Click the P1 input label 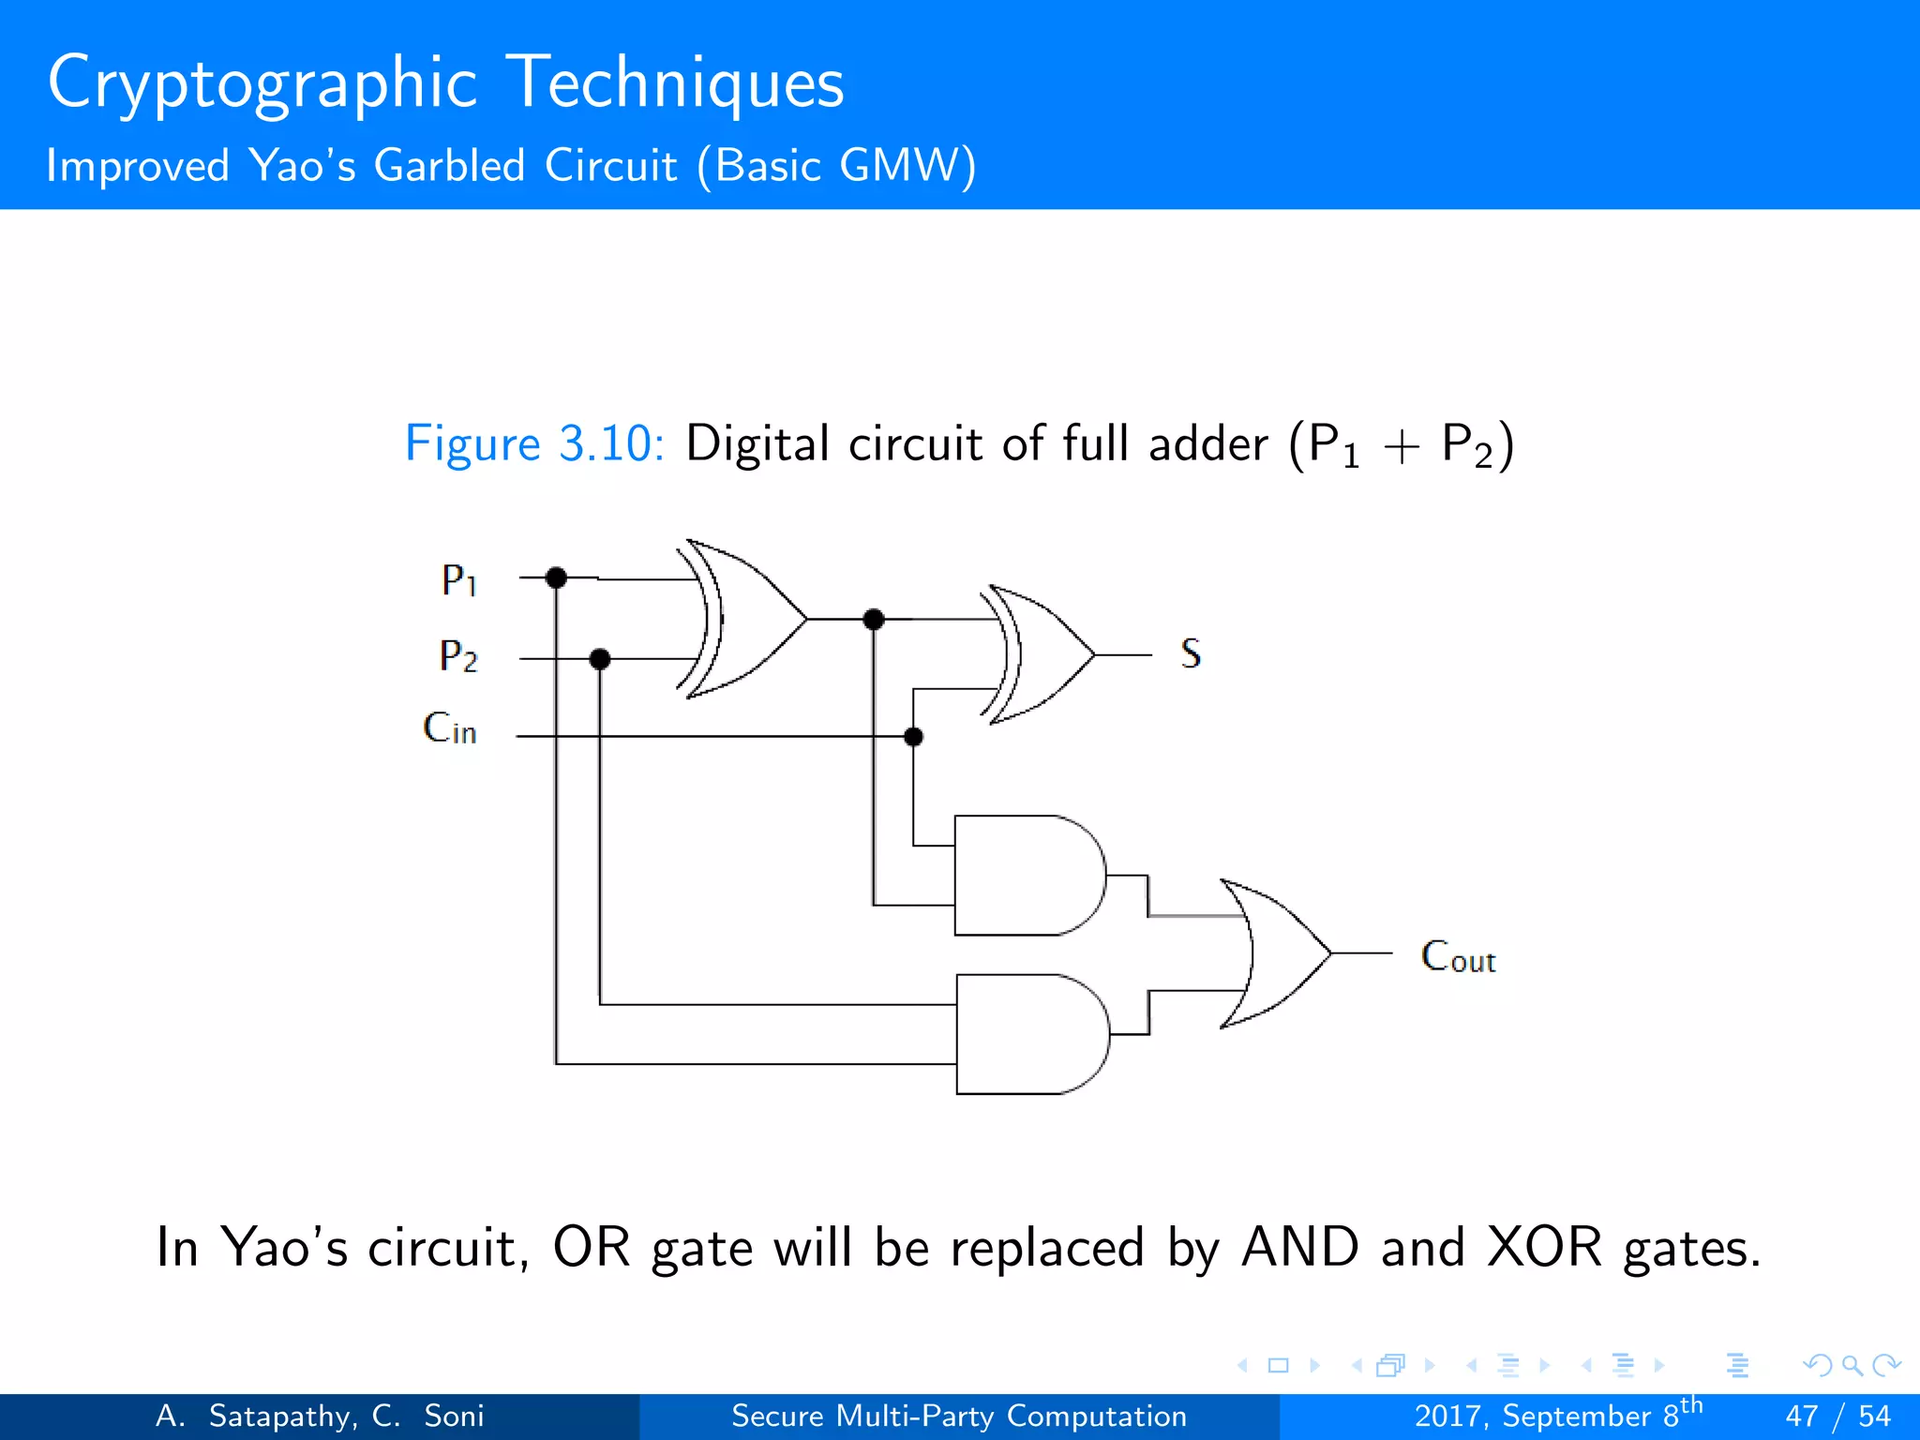tap(459, 580)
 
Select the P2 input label tap(458, 655)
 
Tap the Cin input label tap(450, 728)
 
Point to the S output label tap(1191, 653)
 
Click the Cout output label tap(1458, 956)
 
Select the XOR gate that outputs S tap(1041, 654)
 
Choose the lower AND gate tap(1030, 1034)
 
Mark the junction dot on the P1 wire tap(556, 577)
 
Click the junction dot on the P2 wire tap(600, 659)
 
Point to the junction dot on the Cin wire tap(913, 737)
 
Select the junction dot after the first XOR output tap(874, 619)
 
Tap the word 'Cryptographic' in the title tap(262, 82)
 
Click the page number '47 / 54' tap(1837, 1416)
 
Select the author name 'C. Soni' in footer tap(427, 1416)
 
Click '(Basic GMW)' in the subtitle tap(836, 166)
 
